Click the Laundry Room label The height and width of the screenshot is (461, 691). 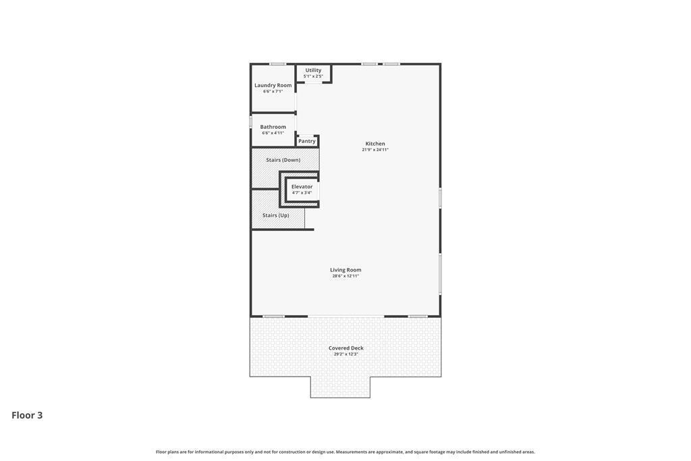(273, 85)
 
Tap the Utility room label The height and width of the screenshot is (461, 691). (313, 70)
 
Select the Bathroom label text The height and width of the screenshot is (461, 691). (273, 127)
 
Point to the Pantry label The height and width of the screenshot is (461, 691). (307, 141)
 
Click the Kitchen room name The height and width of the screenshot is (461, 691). (375, 144)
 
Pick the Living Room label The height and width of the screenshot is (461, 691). (345, 270)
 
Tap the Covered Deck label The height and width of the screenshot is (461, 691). (346, 348)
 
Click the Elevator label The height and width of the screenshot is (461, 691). (302, 186)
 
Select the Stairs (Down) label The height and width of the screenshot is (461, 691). (283, 160)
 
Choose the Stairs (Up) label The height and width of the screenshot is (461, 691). (276, 215)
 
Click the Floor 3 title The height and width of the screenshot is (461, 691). (27, 415)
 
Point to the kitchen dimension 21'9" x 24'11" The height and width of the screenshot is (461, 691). (375, 150)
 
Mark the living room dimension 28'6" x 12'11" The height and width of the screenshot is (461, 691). (345, 276)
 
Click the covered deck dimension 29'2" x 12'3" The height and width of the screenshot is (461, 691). (346, 354)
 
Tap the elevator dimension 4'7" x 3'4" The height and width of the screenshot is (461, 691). (302, 192)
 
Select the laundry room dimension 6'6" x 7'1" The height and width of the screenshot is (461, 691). (273, 91)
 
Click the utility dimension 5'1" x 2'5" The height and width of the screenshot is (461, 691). (313, 76)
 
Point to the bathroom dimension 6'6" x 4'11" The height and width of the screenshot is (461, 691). (273, 133)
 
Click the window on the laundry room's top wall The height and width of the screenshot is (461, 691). (277, 64)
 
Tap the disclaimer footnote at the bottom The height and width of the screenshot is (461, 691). (345, 452)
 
